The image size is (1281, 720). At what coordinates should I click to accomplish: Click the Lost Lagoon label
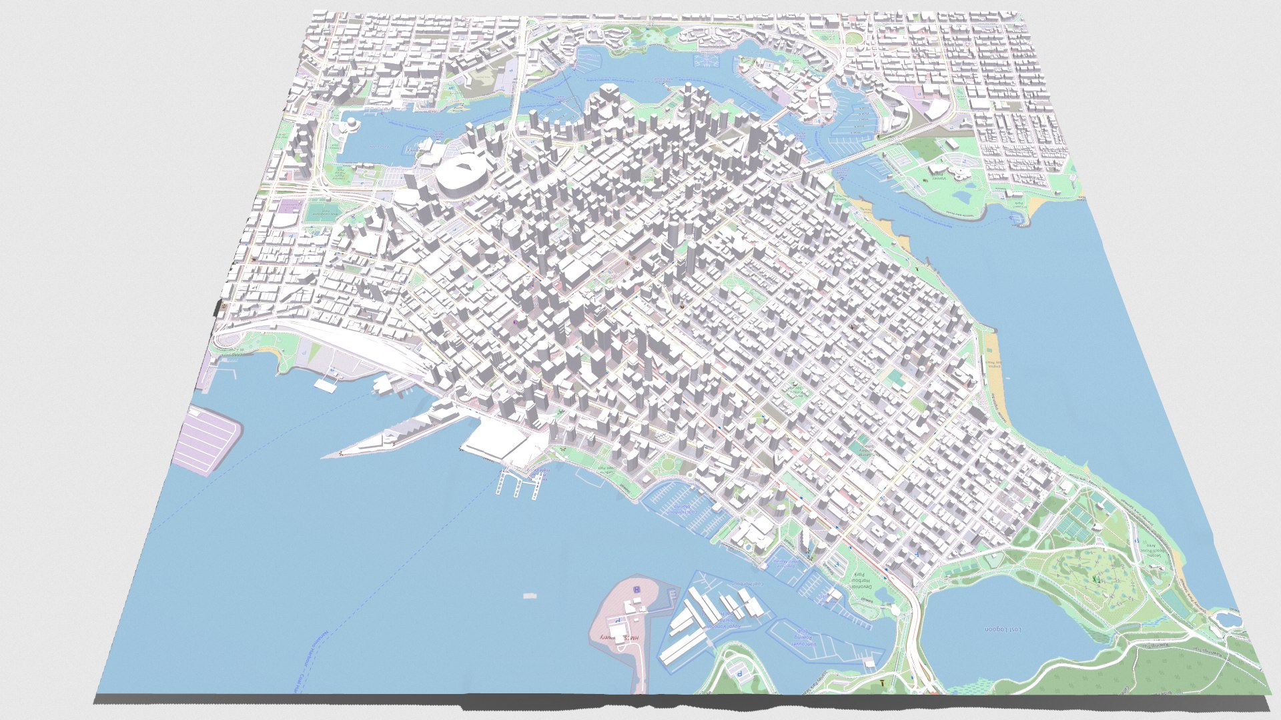point(1003,629)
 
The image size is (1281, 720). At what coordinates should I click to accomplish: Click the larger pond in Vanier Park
point(965,197)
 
